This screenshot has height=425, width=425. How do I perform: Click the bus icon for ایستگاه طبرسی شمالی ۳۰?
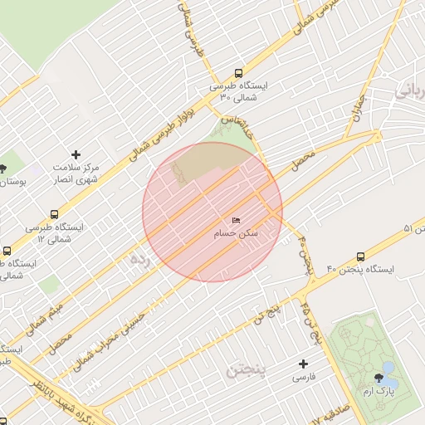coord(239,72)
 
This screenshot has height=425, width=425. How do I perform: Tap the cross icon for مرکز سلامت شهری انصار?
coord(76,154)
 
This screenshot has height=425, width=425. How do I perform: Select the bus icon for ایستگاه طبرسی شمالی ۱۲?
coord(55,214)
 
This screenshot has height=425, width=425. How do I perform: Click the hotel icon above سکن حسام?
coord(236,221)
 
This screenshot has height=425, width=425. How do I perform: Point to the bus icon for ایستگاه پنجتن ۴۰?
coord(360,256)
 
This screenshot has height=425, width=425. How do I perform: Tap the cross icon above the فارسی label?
coord(303,364)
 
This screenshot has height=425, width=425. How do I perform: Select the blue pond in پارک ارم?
coord(388,368)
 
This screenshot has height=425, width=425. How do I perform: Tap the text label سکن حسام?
coord(236,234)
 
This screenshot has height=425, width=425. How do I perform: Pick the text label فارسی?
coord(303,377)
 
